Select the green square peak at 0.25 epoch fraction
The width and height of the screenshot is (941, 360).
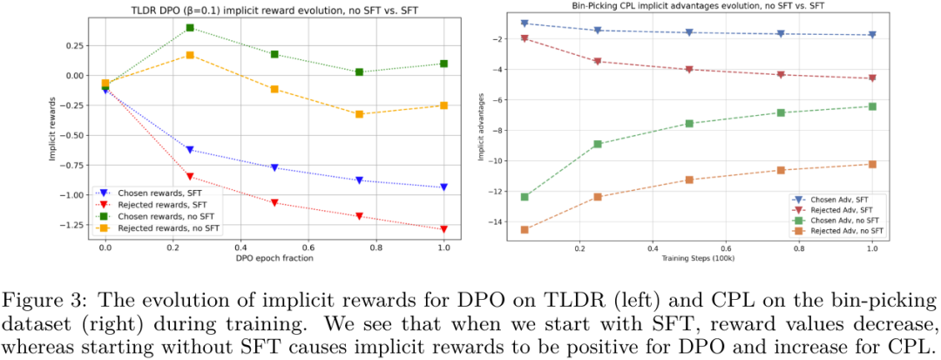click(x=190, y=28)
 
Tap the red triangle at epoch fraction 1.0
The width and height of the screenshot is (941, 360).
click(x=443, y=229)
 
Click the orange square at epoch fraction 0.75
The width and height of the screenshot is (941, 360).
click(x=359, y=114)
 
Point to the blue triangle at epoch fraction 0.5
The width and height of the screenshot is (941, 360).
click(x=274, y=167)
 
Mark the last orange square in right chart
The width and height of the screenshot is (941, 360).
click(x=872, y=164)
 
